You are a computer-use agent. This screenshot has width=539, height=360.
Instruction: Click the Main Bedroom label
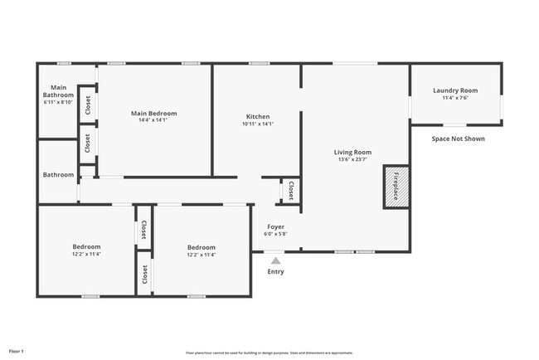tap(153, 113)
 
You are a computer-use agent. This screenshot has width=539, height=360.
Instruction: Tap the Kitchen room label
tap(257, 116)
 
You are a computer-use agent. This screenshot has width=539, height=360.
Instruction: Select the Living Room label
tap(352, 152)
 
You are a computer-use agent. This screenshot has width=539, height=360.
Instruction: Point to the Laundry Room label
tap(455, 90)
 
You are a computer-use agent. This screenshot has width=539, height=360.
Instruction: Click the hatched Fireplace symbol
tap(395, 187)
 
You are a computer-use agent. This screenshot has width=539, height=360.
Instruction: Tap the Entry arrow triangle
tap(275, 260)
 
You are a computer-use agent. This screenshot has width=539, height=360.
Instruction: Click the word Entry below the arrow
tap(275, 272)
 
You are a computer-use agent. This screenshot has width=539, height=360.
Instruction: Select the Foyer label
tap(275, 226)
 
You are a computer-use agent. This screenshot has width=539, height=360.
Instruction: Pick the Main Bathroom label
tap(58, 90)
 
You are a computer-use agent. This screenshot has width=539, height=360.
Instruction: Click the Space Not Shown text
tap(458, 139)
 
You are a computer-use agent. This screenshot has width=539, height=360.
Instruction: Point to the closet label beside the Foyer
tap(290, 191)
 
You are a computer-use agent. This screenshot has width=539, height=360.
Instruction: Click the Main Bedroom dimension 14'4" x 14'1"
tap(153, 120)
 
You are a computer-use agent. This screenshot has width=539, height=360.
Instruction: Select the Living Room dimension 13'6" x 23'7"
tap(352, 159)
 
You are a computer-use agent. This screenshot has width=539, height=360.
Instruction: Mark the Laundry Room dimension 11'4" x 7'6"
tap(455, 98)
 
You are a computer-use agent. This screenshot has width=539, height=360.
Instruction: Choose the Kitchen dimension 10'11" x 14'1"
tap(257, 124)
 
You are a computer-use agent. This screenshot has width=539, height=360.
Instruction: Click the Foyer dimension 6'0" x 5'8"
tap(275, 234)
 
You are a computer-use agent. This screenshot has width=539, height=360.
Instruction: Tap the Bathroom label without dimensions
tap(58, 175)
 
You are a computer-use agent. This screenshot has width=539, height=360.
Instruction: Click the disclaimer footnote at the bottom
tap(269, 353)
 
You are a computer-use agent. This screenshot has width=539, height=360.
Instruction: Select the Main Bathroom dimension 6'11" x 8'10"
tap(58, 102)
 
